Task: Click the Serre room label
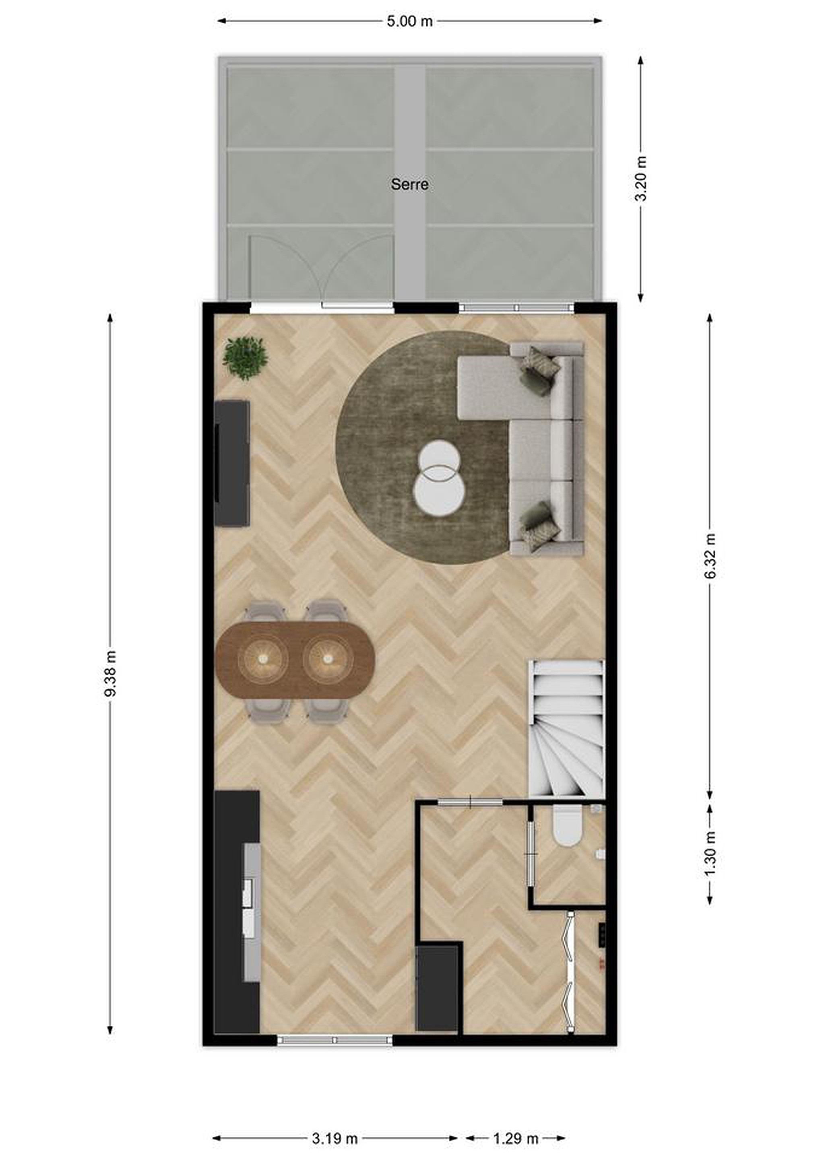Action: (409, 184)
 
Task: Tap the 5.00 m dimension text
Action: (409, 21)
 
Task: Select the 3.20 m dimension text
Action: (640, 179)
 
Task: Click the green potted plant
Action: (246, 358)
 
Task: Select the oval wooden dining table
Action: (295, 660)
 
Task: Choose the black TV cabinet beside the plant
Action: (232, 463)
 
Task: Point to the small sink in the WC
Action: (600, 854)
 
